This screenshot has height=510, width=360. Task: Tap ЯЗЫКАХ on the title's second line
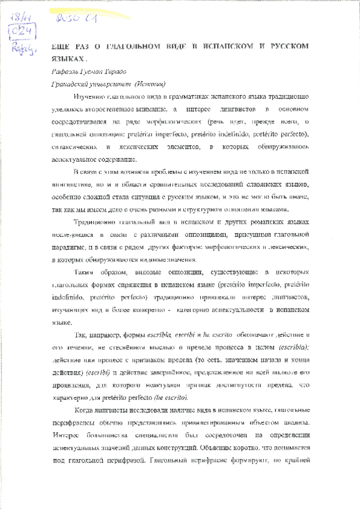(64, 60)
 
